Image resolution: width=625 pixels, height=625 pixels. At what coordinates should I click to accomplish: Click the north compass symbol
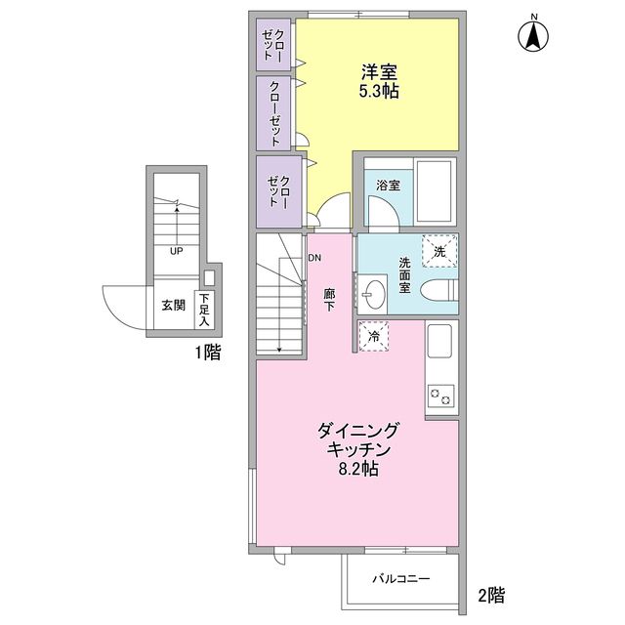534,36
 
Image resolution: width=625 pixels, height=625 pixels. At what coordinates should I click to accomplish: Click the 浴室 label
385,183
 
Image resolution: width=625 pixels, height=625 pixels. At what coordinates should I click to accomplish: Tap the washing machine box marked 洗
438,251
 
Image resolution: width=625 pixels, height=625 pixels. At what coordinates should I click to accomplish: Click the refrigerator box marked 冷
373,335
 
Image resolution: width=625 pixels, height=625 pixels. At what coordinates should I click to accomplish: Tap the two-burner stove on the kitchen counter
441,396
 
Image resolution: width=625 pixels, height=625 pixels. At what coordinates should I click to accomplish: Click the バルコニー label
400,579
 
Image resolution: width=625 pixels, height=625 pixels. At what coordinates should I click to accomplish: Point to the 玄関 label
173,305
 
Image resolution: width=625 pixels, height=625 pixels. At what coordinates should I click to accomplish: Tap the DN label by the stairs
314,258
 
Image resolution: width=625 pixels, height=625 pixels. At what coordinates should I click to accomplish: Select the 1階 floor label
206,354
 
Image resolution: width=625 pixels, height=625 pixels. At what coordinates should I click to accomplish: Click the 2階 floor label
490,594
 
